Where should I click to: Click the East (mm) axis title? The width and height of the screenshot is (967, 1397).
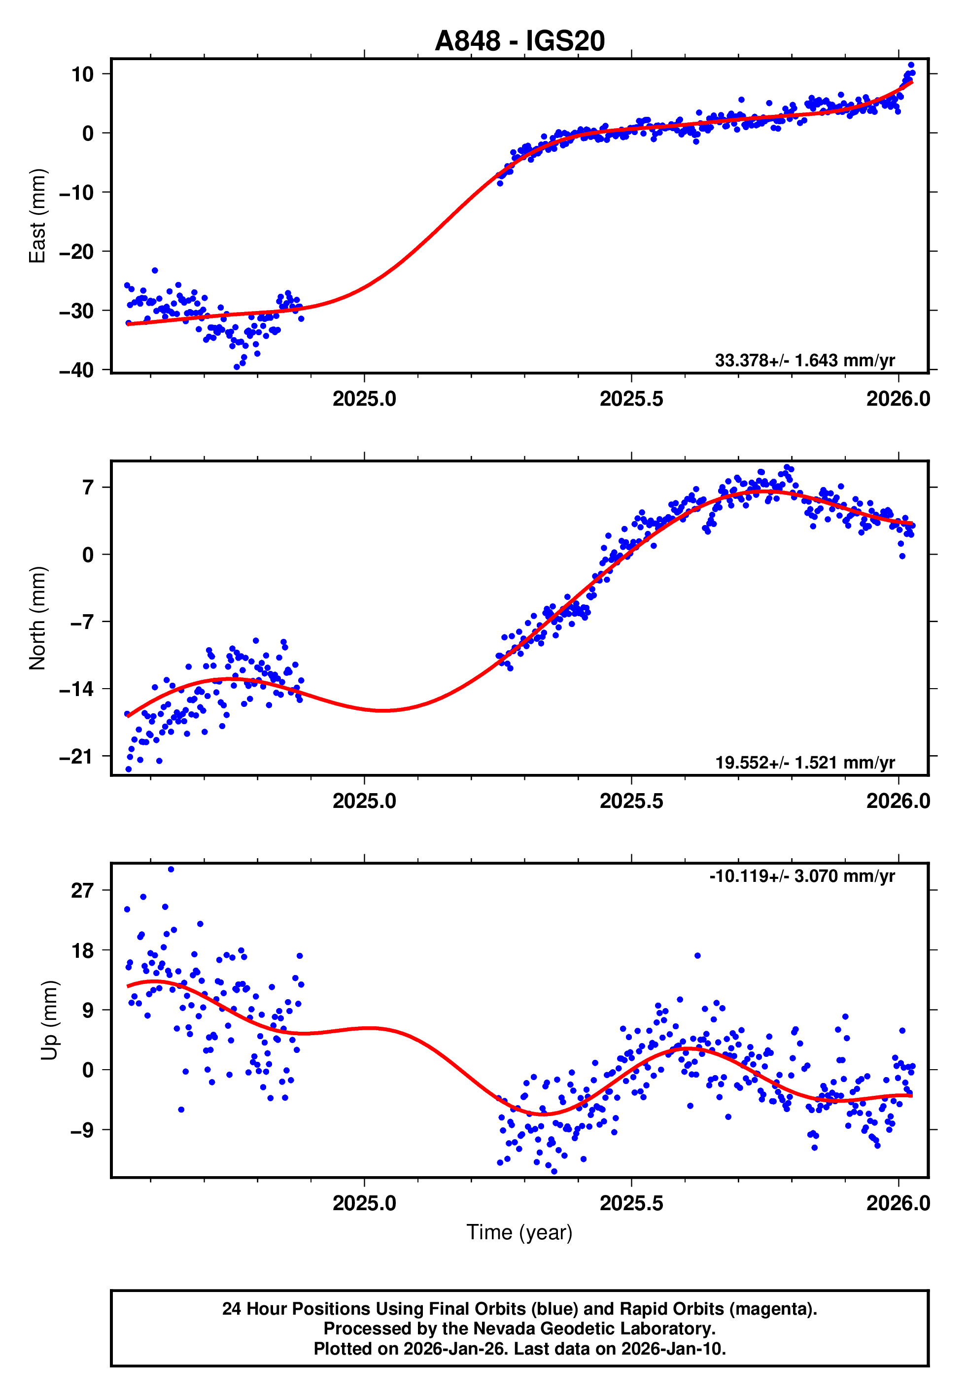[37, 216]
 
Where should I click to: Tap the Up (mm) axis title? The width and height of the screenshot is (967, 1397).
[50, 1020]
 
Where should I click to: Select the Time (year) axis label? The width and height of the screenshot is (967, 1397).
[519, 1232]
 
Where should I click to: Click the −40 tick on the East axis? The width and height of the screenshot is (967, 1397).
[76, 370]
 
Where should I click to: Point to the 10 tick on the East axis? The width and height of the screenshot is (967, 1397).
[82, 74]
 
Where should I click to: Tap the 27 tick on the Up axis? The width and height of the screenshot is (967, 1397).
[82, 891]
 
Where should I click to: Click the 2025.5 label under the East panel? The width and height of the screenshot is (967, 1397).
[631, 399]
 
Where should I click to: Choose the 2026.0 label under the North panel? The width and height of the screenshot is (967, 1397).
[898, 801]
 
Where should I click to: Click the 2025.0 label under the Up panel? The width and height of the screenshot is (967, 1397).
[364, 1203]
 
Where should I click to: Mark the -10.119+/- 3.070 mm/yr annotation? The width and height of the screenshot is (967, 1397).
[801, 876]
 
